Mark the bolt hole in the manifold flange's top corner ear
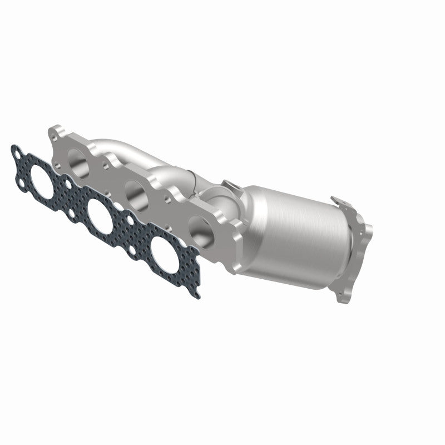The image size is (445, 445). coord(58,132)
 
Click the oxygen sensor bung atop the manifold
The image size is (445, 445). coord(229,186)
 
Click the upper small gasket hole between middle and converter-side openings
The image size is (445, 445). coord(133,219)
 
